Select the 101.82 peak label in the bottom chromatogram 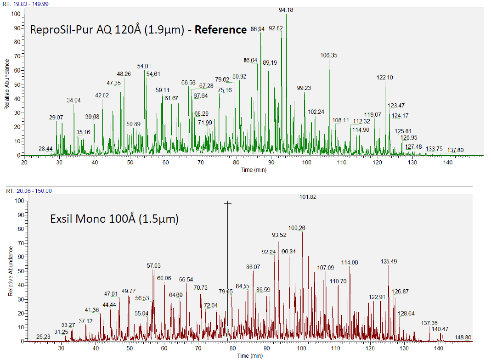click(x=308, y=197)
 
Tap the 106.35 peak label click(x=329, y=55)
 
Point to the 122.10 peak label click(x=384, y=78)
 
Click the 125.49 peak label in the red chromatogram click(x=389, y=261)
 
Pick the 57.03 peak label click(x=154, y=265)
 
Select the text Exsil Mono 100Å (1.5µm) click(x=114, y=219)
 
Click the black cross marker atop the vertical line click(x=227, y=203)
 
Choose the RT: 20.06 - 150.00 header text click(x=28, y=191)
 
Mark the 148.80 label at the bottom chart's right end click(x=463, y=337)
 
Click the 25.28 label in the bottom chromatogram click(x=43, y=337)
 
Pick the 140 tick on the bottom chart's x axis click(x=438, y=349)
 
